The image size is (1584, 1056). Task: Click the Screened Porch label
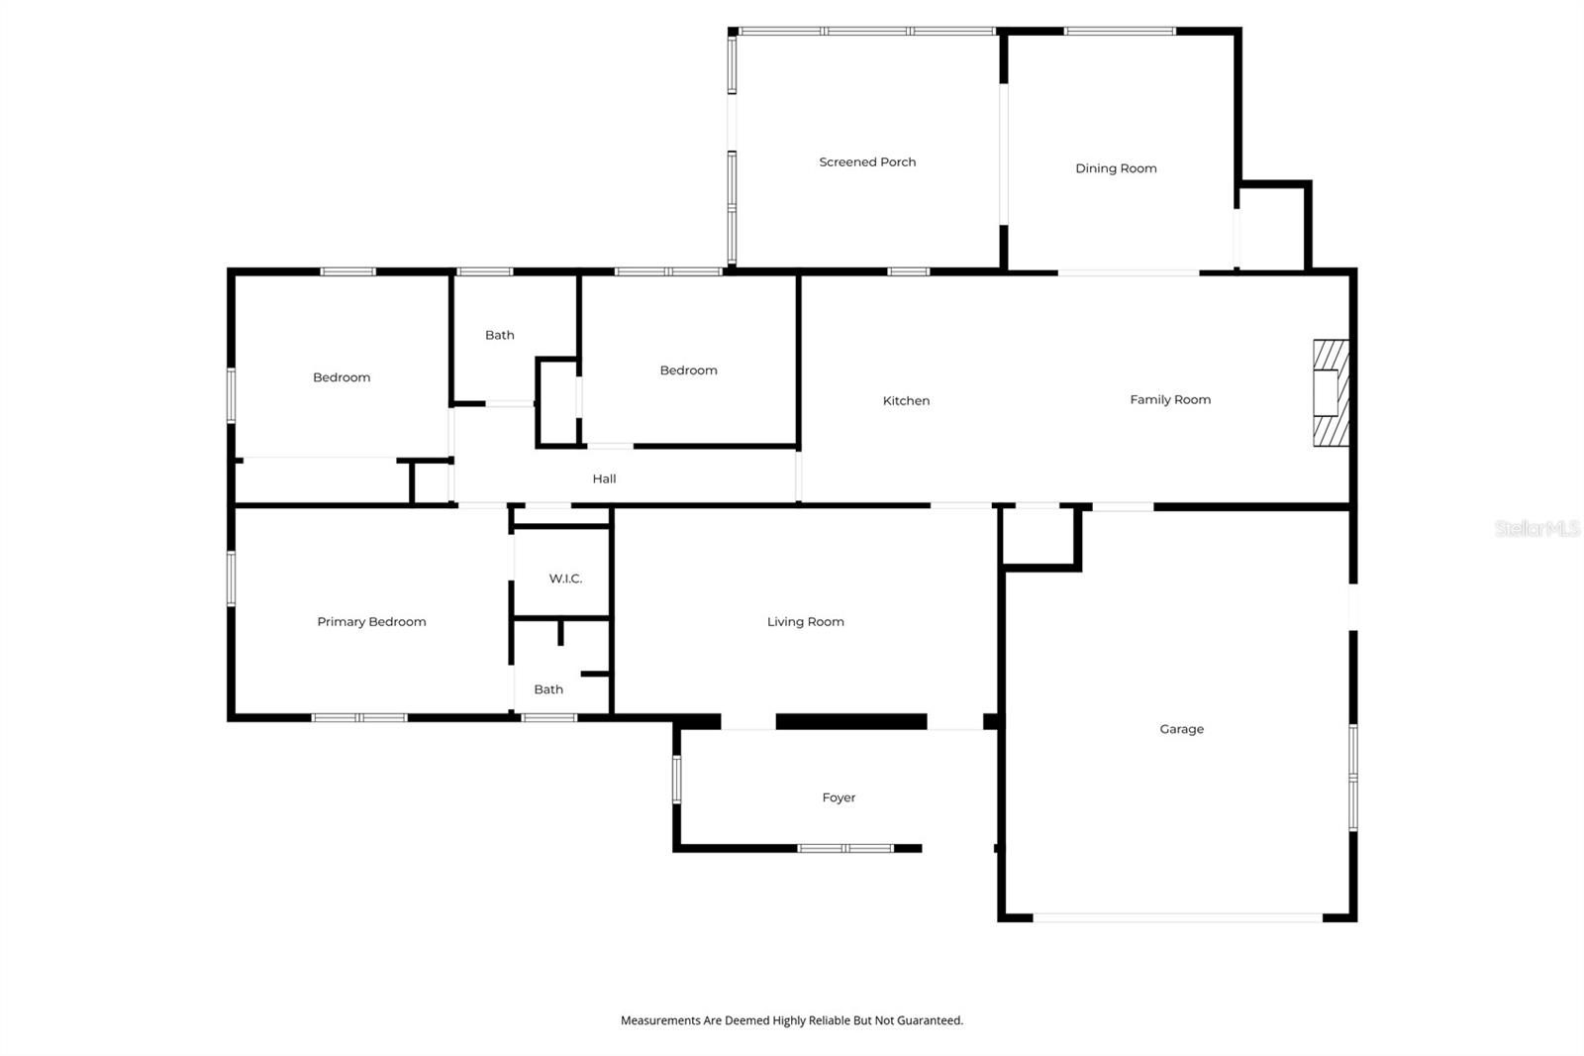tap(867, 162)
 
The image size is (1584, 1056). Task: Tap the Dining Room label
tap(1116, 168)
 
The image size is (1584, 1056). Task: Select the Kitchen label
tap(906, 401)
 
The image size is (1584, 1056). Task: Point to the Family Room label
tap(1170, 400)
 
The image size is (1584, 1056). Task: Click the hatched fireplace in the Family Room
tap(1331, 392)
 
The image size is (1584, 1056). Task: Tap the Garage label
tap(1181, 729)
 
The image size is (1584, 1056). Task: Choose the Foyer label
tap(839, 797)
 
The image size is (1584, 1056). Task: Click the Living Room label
tap(805, 622)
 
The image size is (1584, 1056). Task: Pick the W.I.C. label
tap(565, 579)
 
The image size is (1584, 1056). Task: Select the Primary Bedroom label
tap(371, 622)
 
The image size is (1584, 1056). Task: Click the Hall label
tap(604, 479)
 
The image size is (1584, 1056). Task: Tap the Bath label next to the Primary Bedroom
tap(548, 689)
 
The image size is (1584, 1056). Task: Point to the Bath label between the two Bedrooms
tap(499, 336)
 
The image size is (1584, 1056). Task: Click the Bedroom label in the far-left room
tap(342, 377)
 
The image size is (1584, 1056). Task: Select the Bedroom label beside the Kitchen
tap(688, 370)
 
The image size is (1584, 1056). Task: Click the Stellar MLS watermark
tap(1536, 529)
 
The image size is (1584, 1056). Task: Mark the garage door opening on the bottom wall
tap(1177, 918)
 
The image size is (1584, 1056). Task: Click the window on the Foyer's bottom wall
tap(845, 848)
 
